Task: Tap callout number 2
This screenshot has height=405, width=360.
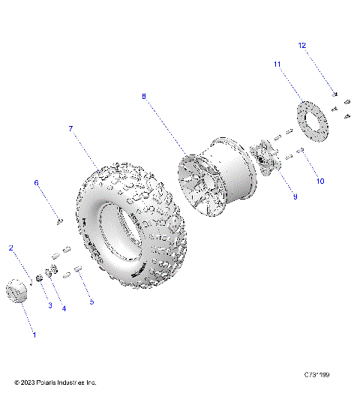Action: point(10,247)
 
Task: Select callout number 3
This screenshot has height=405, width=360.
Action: point(50,304)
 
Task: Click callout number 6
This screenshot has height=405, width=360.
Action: point(35,182)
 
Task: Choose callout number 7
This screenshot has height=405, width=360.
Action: point(70,128)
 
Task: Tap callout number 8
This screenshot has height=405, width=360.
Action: point(144,96)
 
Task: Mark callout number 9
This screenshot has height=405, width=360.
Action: point(295,196)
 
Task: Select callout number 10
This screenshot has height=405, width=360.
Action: point(320,181)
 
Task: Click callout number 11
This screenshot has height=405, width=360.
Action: point(277,64)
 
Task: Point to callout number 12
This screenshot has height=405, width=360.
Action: point(302,46)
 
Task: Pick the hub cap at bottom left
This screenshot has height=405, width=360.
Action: point(17,291)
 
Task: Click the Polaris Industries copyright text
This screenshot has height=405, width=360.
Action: point(55,382)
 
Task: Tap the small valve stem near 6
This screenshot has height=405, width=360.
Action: point(59,220)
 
